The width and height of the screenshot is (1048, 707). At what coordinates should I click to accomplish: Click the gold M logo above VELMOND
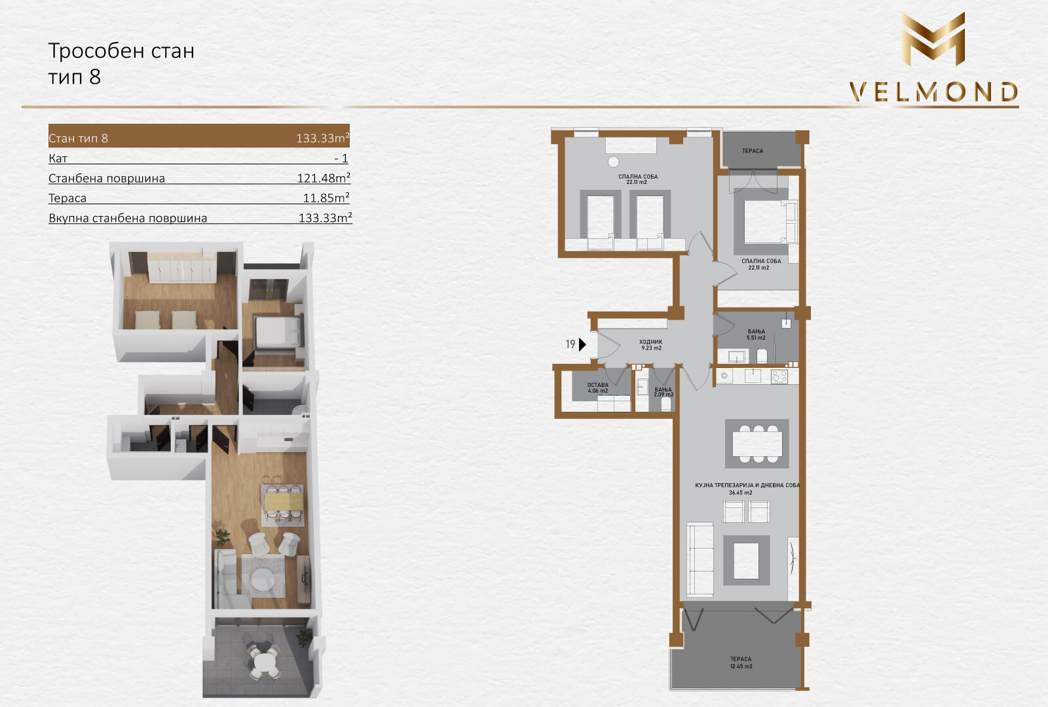933,39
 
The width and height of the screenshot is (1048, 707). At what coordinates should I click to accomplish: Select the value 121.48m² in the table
324,177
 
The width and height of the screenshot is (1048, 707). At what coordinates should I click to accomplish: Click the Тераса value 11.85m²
327,198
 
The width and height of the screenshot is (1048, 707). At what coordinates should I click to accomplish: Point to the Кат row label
58,158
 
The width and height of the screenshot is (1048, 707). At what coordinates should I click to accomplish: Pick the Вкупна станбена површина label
128,218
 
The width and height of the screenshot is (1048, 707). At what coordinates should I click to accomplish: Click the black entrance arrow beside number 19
582,344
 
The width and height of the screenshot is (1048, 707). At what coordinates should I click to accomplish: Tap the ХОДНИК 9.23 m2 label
651,345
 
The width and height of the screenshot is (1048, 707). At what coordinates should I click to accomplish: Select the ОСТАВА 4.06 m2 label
598,388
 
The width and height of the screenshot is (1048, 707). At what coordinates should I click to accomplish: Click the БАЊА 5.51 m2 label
756,335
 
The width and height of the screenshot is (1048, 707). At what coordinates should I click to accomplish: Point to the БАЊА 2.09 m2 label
664,392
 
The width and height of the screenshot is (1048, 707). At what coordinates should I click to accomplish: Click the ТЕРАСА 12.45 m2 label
741,662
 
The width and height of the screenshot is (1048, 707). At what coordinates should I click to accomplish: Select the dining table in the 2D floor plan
757,444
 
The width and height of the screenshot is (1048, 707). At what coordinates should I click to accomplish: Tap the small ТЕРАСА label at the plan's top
753,151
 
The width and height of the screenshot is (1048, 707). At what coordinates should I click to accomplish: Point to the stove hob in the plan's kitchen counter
779,376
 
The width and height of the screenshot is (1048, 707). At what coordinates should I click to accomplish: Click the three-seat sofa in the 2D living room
700,559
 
